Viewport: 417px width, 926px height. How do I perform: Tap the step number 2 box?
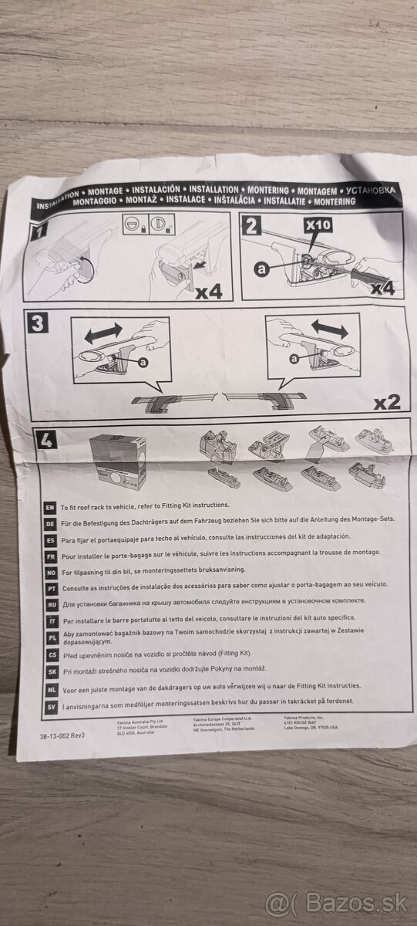[x=251, y=225]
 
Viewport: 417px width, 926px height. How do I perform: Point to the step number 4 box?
[x=45, y=441]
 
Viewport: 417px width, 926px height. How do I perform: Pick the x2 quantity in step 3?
[x=387, y=401]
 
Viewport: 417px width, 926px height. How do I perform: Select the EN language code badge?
[x=49, y=508]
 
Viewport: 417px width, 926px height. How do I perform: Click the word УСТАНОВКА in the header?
[x=367, y=189]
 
